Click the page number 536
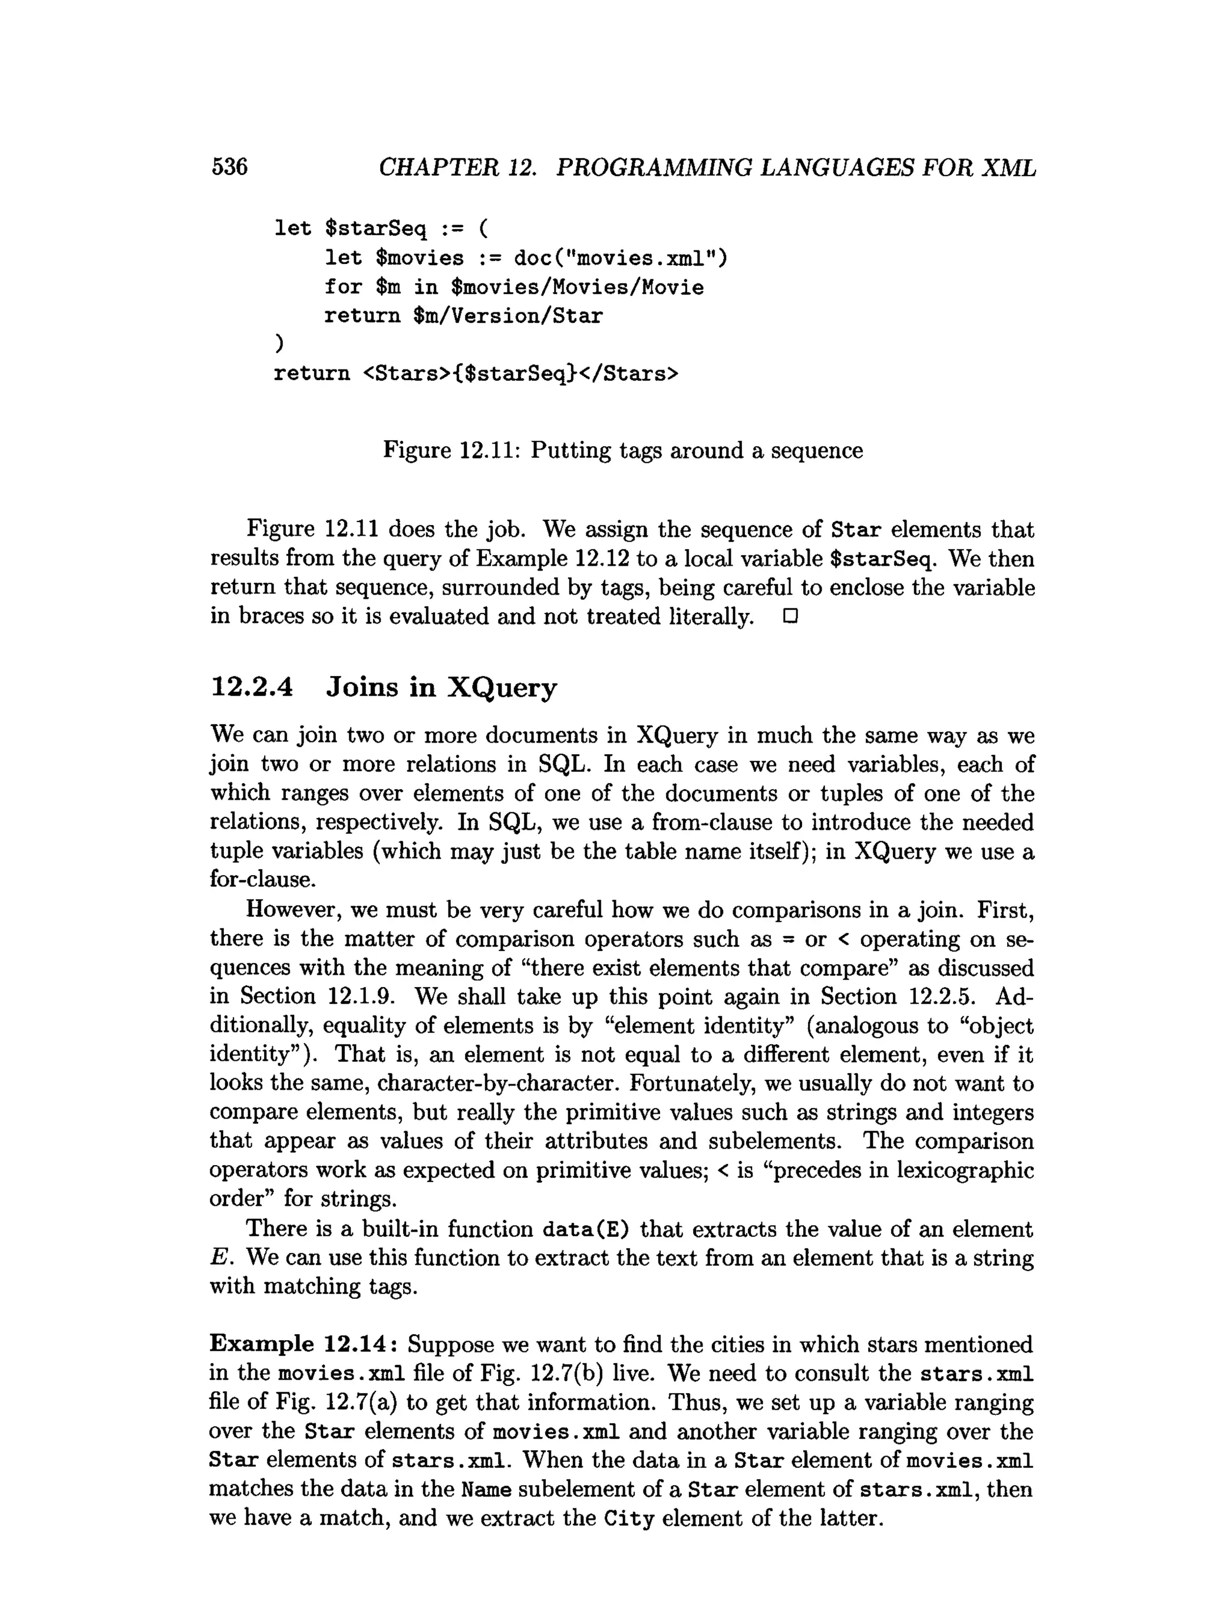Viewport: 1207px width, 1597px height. point(230,167)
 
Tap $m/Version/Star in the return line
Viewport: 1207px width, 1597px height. point(507,315)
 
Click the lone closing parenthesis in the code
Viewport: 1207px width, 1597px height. point(279,344)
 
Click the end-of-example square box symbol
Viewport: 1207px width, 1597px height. point(790,616)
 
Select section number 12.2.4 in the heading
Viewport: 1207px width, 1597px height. point(252,686)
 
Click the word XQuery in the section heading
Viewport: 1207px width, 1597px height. point(502,686)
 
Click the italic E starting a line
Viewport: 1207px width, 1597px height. point(219,1258)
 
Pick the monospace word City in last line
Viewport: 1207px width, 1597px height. point(629,1518)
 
